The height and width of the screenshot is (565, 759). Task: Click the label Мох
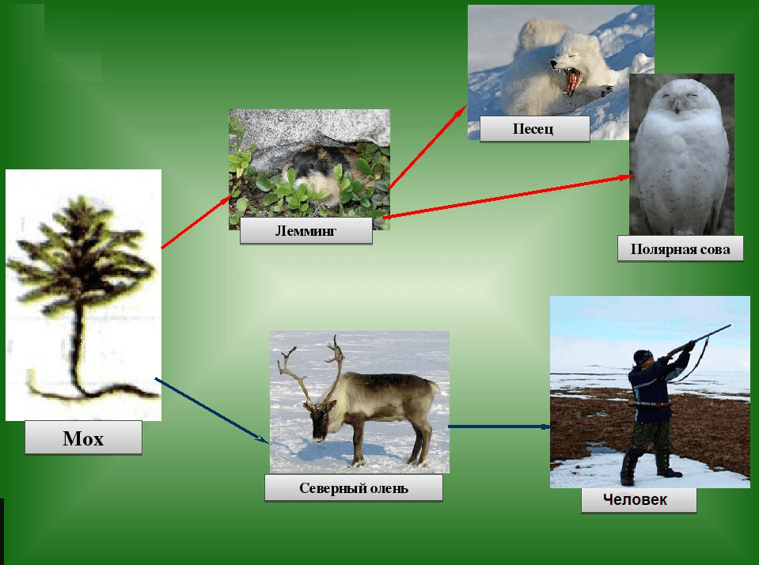83,438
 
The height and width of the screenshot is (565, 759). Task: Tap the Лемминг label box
306,230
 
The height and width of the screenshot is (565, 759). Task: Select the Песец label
534,129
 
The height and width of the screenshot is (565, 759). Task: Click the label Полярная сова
680,248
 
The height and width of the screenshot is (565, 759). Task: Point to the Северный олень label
353,487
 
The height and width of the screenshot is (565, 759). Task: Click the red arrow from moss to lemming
198,222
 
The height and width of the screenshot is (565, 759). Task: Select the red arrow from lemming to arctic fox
427,147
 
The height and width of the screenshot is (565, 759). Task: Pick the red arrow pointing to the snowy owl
508,196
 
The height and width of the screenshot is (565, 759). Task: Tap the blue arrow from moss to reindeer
211,411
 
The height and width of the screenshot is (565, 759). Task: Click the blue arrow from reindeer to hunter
499,427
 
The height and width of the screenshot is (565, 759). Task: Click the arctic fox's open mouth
571,81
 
